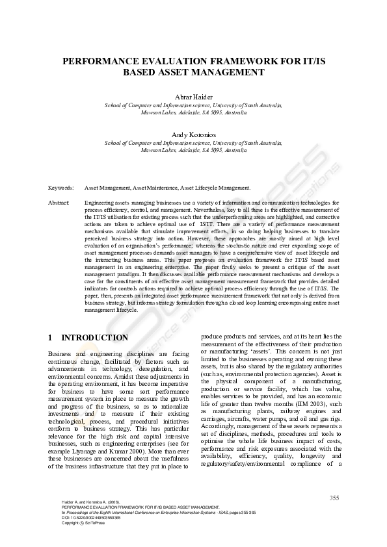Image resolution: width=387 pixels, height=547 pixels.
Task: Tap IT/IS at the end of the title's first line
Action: click(313, 60)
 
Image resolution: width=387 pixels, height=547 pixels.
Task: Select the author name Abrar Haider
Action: click(193, 97)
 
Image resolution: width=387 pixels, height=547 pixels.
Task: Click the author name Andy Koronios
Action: click(193, 133)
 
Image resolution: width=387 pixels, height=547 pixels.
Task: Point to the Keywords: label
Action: click(60, 188)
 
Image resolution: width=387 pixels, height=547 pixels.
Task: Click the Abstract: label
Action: click(59, 203)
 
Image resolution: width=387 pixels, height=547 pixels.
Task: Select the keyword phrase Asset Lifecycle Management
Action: click(215, 188)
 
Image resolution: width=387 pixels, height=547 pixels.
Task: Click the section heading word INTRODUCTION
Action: click(94, 338)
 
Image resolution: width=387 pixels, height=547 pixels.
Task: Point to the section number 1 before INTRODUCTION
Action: click(51, 338)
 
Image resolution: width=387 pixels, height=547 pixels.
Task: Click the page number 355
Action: click(334, 498)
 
